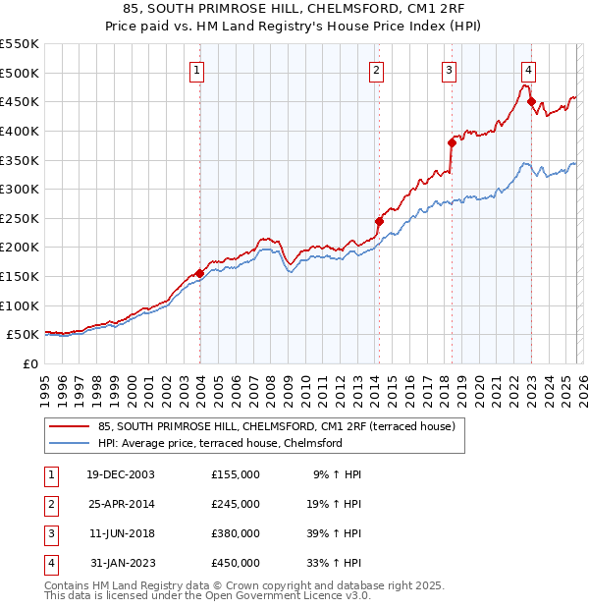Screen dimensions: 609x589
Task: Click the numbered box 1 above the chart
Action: (x=197, y=69)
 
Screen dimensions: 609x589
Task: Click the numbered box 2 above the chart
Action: (x=377, y=69)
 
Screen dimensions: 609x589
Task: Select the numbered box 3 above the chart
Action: (x=449, y=69)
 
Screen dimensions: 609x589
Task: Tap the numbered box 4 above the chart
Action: (x=528, y=69)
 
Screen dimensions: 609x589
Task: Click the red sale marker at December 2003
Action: (x=200, y=273)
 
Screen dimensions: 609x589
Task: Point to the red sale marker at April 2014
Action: (x=379, y=221)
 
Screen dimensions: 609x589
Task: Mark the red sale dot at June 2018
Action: (x=452, y=142)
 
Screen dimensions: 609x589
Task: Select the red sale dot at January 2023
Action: (x=531, y=101)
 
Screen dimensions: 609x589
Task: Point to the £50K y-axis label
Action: (x=24, y=335)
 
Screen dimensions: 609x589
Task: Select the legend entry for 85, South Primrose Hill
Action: (x=276, y=427)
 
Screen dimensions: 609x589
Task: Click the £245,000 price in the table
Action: (x=236, y=504)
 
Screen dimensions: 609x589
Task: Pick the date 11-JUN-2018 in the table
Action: (x=121, y=533)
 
